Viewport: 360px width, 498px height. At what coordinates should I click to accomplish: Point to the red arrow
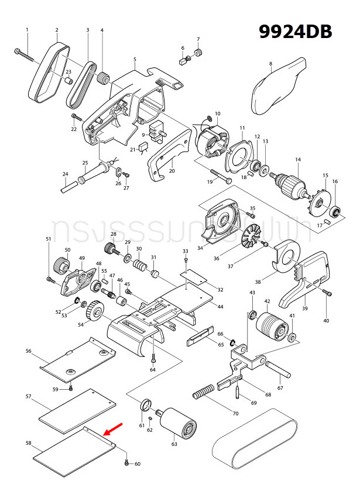113,428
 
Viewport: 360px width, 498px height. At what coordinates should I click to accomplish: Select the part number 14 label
297,160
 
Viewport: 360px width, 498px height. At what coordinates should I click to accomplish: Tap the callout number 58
28,444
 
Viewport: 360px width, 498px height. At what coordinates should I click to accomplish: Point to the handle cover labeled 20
170,156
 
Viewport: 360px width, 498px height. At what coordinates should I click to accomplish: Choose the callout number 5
135,60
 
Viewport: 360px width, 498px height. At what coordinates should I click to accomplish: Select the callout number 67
280,388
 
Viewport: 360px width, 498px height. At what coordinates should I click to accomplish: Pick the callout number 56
28,351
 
